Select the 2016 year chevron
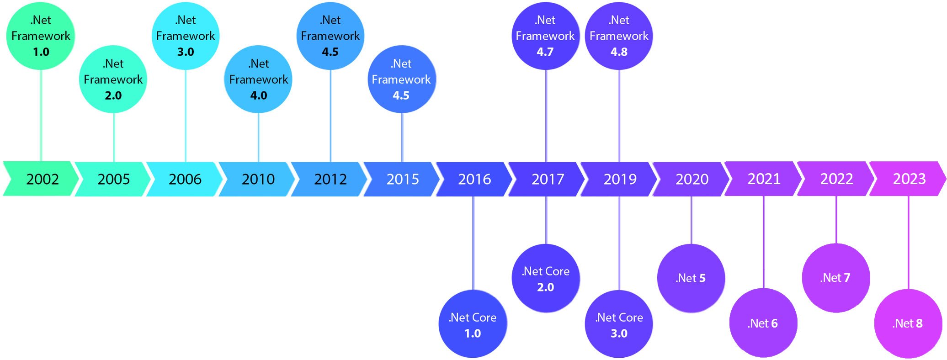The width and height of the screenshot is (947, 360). point(474,179)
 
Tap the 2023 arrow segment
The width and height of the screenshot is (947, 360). point(909,179)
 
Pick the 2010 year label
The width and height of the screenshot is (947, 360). point(258,179)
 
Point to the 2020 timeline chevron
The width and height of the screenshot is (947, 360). point(692,179)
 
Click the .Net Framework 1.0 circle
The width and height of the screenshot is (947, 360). point(41,36)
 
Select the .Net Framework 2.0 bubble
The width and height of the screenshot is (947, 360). point(113,79)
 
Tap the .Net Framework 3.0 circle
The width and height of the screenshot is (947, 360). point(186,36)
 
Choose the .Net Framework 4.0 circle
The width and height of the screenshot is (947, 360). point(258,79)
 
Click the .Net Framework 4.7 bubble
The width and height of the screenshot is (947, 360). point(545,36)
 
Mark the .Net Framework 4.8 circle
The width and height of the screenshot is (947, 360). point(619,36)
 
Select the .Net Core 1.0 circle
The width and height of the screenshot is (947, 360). point(473,324)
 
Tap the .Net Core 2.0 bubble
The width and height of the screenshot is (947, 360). point(545,278)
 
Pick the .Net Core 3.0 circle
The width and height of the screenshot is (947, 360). point(619,324)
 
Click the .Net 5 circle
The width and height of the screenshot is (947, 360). point(691,278)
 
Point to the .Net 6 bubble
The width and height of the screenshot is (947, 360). point(763,323)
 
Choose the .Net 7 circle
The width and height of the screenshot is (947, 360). point(836,278)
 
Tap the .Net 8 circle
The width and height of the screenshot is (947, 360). point(908,323)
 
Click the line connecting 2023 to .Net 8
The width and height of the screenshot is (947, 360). point(908,242)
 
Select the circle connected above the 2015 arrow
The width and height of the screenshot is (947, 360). point(401,79)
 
